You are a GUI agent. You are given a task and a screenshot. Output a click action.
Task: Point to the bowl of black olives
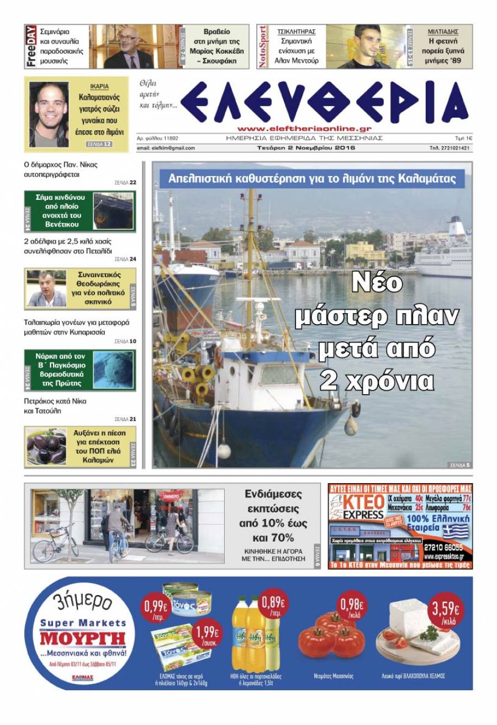[46, 446]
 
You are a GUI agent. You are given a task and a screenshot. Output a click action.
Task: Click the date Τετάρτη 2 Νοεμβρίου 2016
[305, 148]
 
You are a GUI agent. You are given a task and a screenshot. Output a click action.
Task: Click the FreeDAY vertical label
[31, 46]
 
